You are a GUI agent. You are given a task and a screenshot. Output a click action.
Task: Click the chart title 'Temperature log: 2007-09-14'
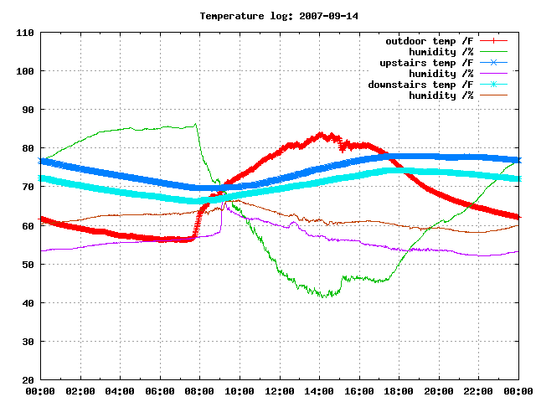279,16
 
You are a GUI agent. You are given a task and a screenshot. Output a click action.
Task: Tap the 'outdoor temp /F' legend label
430,41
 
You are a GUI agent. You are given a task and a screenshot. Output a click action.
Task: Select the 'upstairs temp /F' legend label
426,63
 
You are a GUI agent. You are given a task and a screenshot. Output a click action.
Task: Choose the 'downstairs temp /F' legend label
420,85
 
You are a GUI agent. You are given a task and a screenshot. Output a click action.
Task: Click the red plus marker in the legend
493,41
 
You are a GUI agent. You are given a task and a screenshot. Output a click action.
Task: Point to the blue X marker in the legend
493,63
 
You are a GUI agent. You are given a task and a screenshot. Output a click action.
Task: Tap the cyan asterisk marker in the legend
493,84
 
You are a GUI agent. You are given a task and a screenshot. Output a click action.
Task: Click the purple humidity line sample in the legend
493,73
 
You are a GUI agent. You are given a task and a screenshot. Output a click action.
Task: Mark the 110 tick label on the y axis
25,33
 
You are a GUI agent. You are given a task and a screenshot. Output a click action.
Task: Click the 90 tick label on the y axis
28,110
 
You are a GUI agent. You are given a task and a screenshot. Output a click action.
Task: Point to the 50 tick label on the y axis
28,265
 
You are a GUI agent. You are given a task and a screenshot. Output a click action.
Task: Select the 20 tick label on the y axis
28,379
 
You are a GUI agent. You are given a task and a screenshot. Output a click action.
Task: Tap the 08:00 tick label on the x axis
199,391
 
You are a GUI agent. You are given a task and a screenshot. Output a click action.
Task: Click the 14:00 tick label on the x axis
319,391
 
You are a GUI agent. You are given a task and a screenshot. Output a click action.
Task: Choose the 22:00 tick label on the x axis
478,391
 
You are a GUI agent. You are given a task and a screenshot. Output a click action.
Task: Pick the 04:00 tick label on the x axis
120,391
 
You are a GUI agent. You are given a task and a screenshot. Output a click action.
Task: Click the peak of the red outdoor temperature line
320,133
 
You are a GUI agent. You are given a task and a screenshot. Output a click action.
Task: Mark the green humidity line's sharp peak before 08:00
195,124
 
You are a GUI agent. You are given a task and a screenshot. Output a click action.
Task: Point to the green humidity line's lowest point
323,297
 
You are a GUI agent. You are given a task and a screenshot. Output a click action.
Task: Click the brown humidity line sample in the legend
493,95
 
